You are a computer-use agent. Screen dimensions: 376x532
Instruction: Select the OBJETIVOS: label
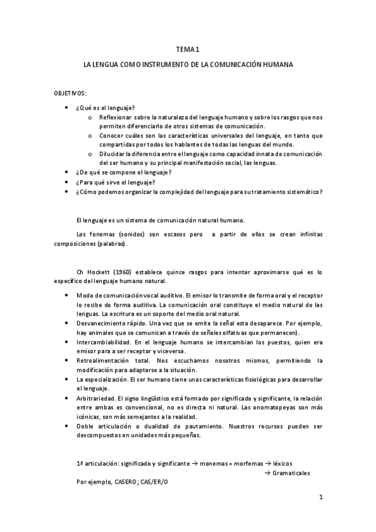coord(70,93)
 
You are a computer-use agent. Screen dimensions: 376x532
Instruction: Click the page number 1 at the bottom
coord(320,498)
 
